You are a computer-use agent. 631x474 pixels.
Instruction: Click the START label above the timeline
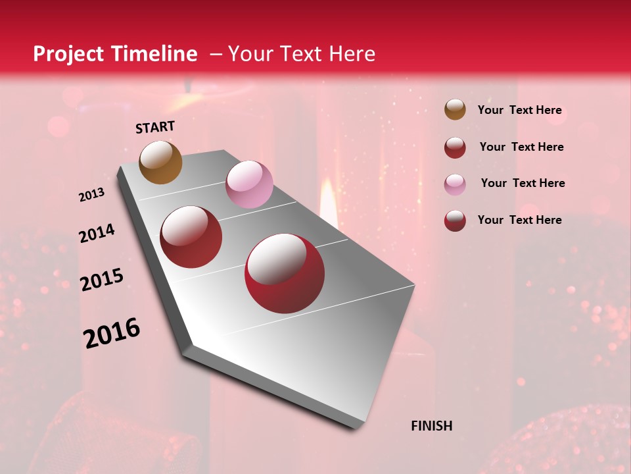pyautogui.click(x=155, y=127)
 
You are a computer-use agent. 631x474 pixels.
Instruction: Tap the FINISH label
pyautogui.click(x=431, y=426)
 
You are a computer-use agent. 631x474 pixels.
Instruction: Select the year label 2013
pyautogui.click(x=92, y=195)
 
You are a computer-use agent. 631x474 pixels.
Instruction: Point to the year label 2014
pyautogui.click(x=97, y=234)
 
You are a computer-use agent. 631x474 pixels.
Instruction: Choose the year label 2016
pyautogui.click(x=112, y=333)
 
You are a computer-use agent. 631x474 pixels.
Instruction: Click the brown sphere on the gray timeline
pyautogui.click(x=160, y=162)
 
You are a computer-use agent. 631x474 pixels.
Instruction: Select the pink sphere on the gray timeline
pyautogui.click(x=249, y=184)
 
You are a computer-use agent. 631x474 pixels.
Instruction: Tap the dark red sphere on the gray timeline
pyautogui.click(x=191, y=237)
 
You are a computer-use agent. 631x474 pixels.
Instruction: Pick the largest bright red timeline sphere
pyautogui.click(x=284, y=273)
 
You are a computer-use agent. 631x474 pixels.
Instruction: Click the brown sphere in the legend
pyautogui.click(x=455, y=110)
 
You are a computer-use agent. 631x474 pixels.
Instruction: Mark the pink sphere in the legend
pyautogui.click(x=455, y=184)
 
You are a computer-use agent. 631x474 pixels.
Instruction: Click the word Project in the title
pyautogui.click(x=68, y=54)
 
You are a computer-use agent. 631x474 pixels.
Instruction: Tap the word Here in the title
pyautogui.click(x=352, y=54)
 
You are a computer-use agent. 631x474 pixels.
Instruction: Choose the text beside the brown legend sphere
pyautogui.click(x=519, y=110)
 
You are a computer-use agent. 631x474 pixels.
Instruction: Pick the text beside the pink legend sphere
pyautogui.click(x=523, y=183)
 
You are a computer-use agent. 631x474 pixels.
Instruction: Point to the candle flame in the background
pyautogui.click(x=328, y=197)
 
